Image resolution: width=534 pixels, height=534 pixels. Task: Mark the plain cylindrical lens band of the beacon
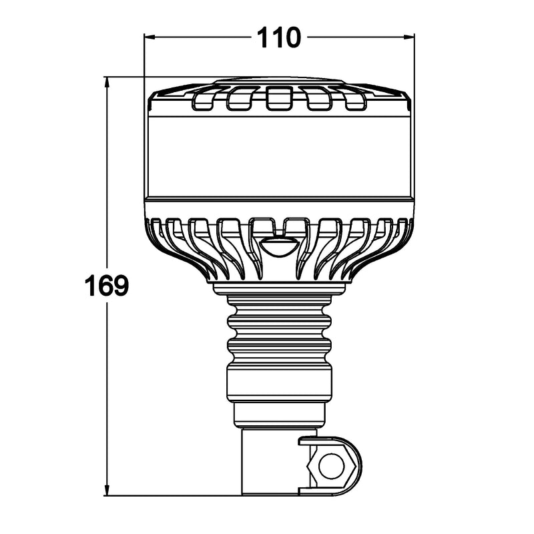(280, 154)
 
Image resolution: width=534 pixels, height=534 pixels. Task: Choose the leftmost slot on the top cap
(202, 99)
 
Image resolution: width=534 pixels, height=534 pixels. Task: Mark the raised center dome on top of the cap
(280, 81)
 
